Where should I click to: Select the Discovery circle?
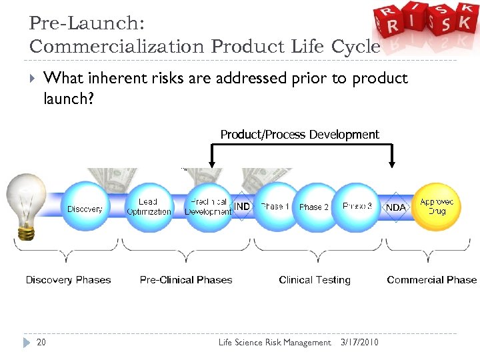[85, 208]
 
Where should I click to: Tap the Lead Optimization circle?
[149, 207]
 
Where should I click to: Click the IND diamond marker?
[242, 207]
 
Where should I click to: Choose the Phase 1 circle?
[275, 207]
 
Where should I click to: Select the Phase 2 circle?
[313, 207]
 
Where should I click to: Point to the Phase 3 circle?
[357, 207]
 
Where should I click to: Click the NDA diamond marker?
[396, 207]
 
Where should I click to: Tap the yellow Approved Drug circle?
[437, 206]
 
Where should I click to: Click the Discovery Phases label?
[68, 280]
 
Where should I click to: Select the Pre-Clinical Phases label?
[186, 280]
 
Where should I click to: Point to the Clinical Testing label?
[315, 280]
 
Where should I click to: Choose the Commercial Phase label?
[431, 280]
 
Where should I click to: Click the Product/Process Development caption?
[299, 135]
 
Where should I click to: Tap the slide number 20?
[41, 343]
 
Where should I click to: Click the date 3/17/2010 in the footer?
[359, 343]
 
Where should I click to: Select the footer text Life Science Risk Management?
[275, 343]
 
